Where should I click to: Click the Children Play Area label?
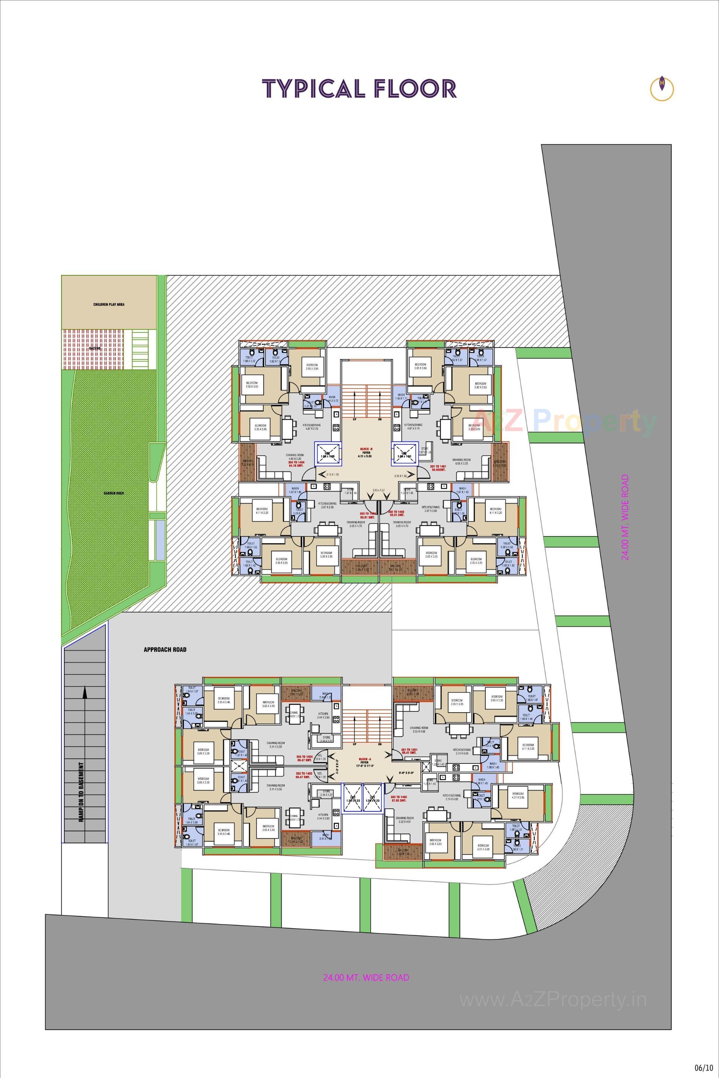109,304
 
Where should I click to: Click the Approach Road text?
165,650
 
